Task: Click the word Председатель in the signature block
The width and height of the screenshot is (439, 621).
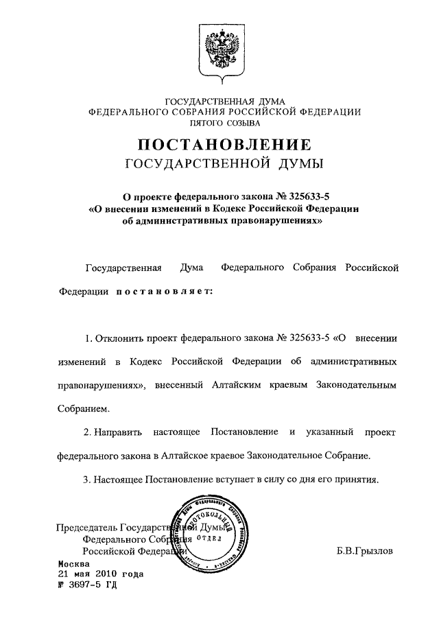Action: coord(86,527)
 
